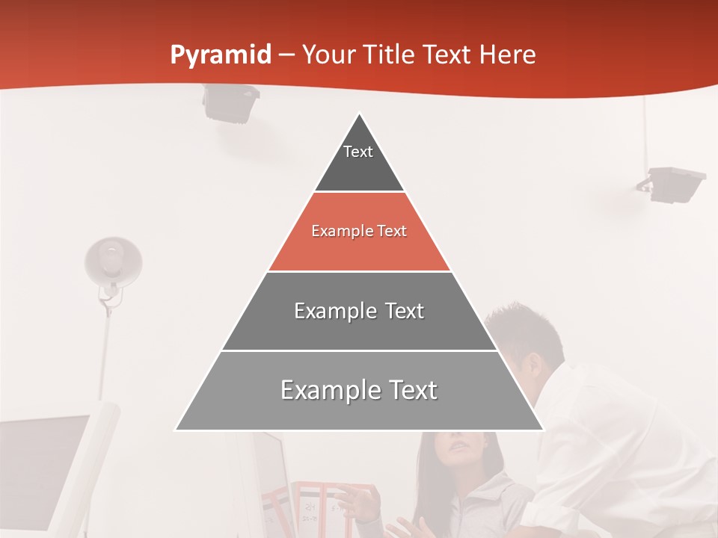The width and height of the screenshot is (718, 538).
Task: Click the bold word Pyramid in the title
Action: [220, 55]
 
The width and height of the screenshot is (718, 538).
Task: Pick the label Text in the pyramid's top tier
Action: [358, 152]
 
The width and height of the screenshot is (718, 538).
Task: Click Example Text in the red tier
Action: [359, 231]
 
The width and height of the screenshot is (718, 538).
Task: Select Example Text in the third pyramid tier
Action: [359, 311]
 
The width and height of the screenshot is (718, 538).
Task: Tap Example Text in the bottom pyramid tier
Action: [359, 390]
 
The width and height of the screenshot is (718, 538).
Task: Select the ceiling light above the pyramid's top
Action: [230, 102]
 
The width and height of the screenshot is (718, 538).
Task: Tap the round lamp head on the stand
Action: [113, 261]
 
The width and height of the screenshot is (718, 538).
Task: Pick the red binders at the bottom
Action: [329, 508]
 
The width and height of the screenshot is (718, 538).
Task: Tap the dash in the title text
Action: [286, 55]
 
